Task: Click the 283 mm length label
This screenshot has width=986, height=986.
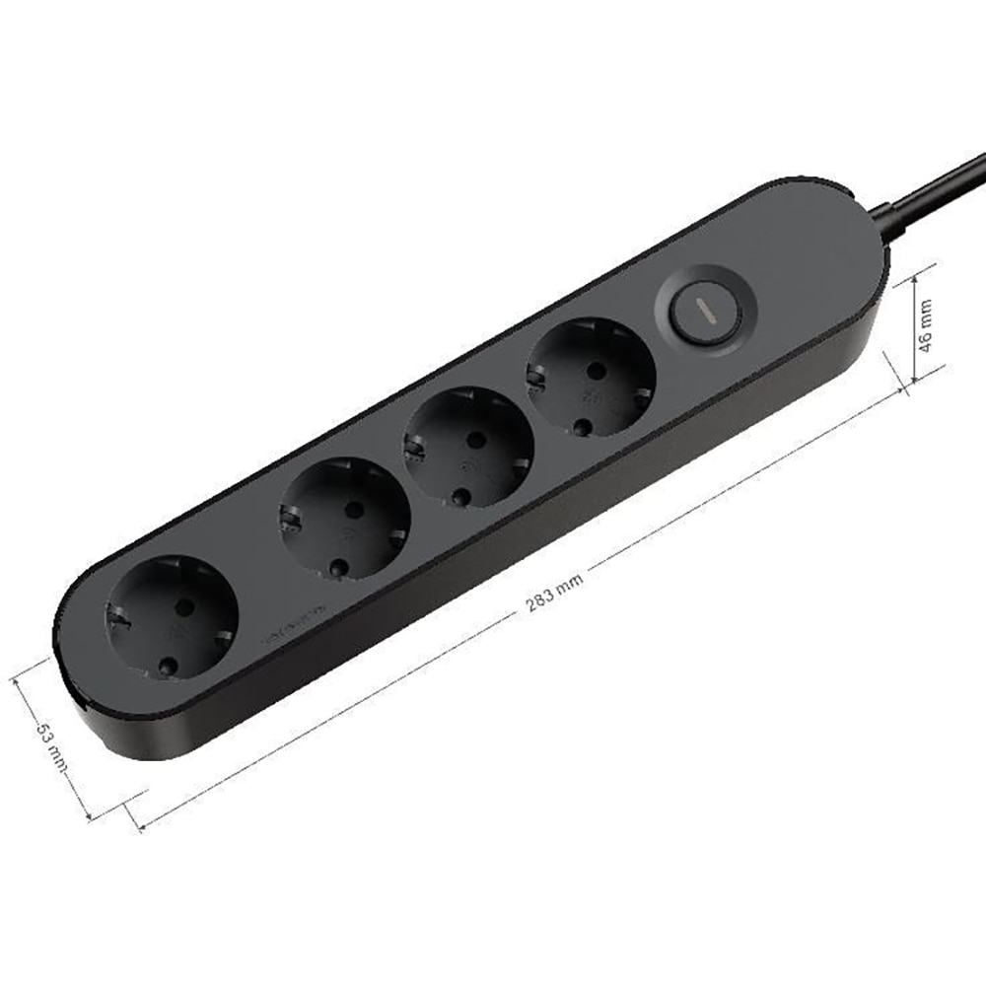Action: tap(554, 592)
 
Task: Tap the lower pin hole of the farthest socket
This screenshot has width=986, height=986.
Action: tap(169, 667)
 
